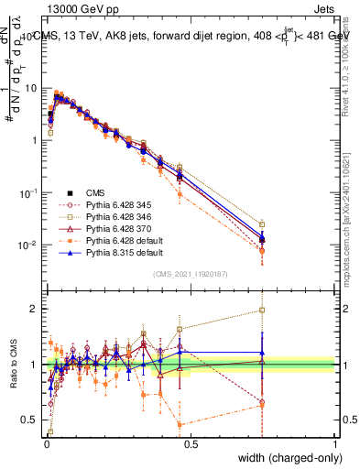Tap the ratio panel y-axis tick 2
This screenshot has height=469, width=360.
point(35,309)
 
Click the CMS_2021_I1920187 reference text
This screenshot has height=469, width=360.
point(191,273)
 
